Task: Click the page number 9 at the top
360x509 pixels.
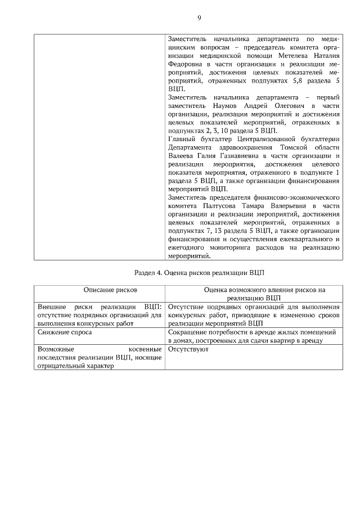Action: pos(199,17)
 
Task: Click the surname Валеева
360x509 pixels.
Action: pos(182,155)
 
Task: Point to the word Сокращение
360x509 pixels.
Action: pos(188,332)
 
